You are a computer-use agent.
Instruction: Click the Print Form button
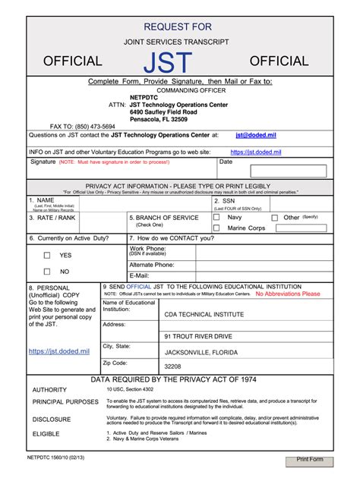tap(310, 460)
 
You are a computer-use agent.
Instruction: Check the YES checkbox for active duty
tap(47, 255)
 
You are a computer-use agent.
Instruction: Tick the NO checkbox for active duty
tap(47, 271)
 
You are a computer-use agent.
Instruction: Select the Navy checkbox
tap(216, 218)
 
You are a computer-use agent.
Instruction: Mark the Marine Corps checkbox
tap(216, 228)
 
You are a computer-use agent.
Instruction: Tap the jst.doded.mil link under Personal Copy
tap(59, 351)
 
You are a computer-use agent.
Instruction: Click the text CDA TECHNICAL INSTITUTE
tap(201, 313)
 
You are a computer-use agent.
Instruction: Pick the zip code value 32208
tap(173, 366)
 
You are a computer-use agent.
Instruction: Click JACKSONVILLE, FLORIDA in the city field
tap(202, 352)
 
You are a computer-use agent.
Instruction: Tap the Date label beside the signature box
tap(226, 162)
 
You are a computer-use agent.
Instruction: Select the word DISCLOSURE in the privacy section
tap(52, 419)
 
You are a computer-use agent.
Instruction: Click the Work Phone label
tap(147, 248)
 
